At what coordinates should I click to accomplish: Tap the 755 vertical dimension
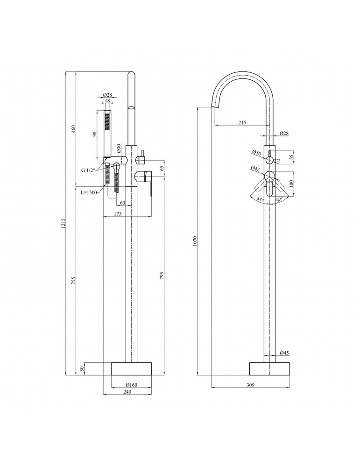pyautogui.click(x=74, y=280)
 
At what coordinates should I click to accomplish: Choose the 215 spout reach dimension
pyautogui.click(x=242, y=122)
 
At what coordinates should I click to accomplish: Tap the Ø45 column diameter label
pyautogui.click(x=284, y=353)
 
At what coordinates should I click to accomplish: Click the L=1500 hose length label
pyautogui.click(x=88, y=192)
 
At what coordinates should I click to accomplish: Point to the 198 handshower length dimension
pyautogui.click(x=95, y=135)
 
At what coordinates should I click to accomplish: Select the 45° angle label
pyautogui.click(x=260, y=200)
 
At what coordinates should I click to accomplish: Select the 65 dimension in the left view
pyautogui.click(x=162, y=168)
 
